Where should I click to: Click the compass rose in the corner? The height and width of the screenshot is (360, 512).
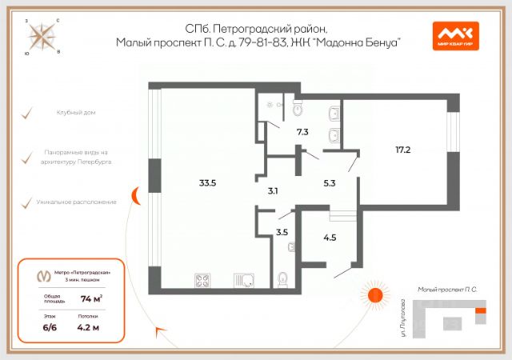point(39,36)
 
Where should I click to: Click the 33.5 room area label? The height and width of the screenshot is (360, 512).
point(208,182)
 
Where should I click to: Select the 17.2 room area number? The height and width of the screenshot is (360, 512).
point(402,149)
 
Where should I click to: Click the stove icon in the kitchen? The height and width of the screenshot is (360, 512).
point(202,280)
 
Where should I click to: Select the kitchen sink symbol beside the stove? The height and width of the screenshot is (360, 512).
point(245,280)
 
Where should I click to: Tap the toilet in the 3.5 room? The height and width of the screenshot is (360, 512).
point(282,280)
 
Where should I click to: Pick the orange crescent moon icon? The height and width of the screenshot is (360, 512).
point(137,194)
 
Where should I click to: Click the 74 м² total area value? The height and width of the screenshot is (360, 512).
point(90,299)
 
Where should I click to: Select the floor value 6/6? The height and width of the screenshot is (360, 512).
point(50,326)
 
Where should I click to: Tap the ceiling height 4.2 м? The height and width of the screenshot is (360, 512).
point(88,326)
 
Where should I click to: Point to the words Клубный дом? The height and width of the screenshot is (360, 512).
point(77,112)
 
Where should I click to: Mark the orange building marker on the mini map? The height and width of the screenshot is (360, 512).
point(480,310)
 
